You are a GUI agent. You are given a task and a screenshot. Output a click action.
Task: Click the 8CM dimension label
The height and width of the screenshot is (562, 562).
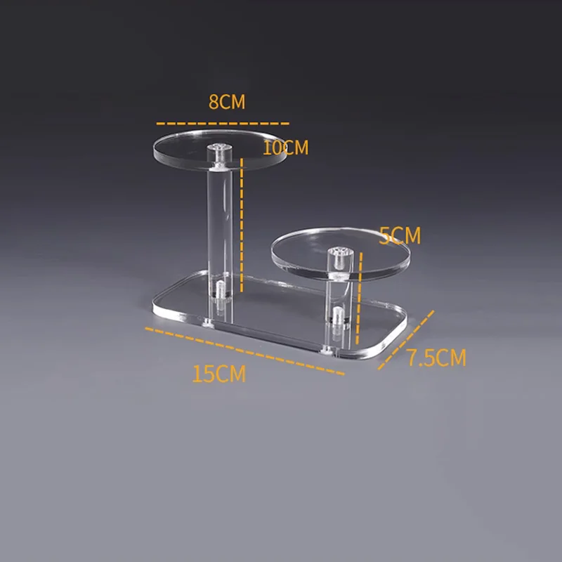point(227,102)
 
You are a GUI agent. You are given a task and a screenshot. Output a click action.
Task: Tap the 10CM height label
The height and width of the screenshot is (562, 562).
point(286,148)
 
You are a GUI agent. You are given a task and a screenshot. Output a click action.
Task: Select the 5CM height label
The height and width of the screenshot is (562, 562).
point(400,235)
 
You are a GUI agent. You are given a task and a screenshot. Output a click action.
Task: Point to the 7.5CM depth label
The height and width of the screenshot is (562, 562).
point(437,358)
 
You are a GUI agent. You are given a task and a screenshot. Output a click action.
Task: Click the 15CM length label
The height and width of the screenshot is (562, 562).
point(219,374)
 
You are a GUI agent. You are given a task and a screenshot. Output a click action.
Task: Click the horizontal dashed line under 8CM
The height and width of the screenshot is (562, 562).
point(223,124)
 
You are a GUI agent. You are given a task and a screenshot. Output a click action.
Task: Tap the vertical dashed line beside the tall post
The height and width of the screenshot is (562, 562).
point(242,225)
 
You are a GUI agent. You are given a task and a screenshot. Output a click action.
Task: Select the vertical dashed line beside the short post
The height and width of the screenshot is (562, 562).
point(359,298)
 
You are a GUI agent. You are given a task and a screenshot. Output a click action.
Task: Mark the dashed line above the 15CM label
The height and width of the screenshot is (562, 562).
point(244,351)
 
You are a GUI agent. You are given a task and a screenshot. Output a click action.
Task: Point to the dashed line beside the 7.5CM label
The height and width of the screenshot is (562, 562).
point(406,340)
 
